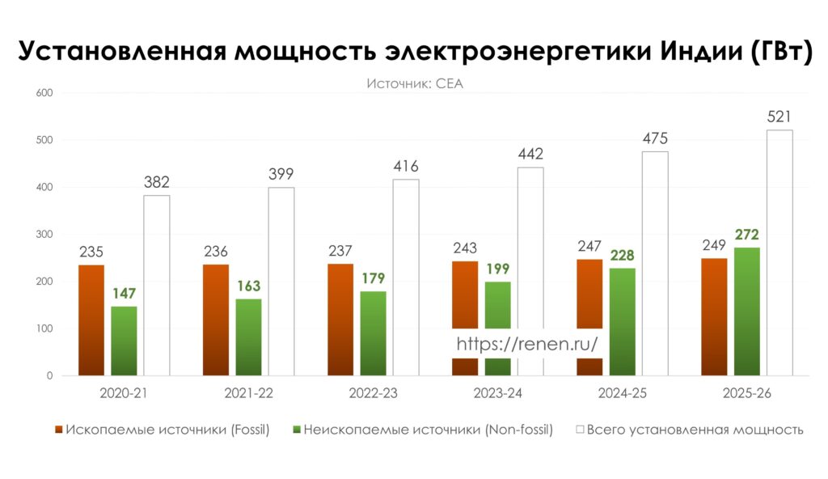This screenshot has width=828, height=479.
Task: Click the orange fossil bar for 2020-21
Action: click(91, 320)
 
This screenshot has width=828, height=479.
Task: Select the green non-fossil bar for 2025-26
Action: click(746, 312)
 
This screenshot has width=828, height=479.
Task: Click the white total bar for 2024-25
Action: click(655, 264)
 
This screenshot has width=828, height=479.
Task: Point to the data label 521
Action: click(779, 117)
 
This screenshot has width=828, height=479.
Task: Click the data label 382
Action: click(157, 182)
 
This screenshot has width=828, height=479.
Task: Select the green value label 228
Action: click(622, 255)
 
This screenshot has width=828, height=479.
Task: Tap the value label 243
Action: click(465, 248)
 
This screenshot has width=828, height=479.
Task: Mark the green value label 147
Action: click(124, 293)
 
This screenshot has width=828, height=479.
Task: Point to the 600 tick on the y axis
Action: click(44, 93)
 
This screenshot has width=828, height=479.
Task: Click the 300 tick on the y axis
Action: click(44, 235)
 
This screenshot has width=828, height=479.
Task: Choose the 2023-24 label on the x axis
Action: click(498, 393)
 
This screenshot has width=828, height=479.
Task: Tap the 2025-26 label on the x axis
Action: click(747, 393)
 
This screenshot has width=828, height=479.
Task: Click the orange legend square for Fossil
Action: click(58, 430)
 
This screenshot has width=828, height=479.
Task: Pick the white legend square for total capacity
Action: click(578, 430)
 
